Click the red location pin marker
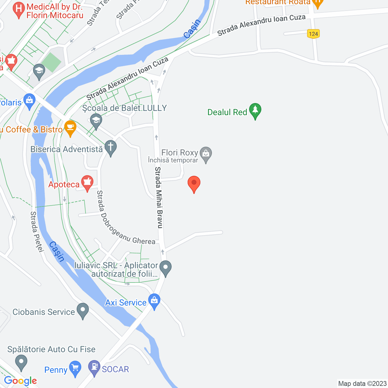click(194, 183)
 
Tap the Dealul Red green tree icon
click(255, 111)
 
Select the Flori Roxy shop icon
click(206, 154)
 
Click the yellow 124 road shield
click(313, 34)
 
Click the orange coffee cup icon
click(70, 128)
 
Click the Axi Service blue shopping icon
click(154, 301)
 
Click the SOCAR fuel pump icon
click(94, 367)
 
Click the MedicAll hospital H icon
click(19, 9)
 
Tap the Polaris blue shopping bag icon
click(29, 101)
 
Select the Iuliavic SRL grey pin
click(166, 268)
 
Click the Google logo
click(20, 381)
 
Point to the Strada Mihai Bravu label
click(159, 197)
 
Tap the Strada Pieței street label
click(37, 232)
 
